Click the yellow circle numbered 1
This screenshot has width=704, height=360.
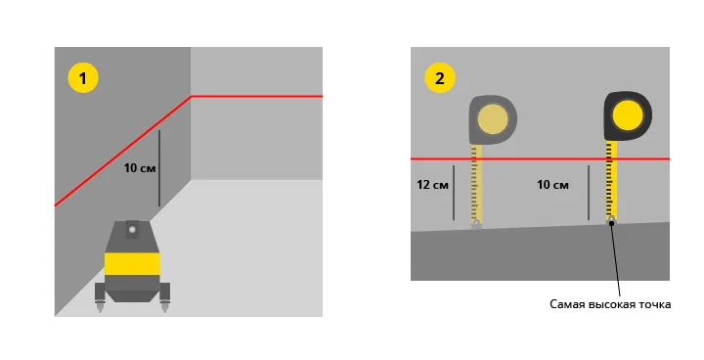coord(83,77)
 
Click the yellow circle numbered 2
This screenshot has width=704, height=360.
coord(440,77)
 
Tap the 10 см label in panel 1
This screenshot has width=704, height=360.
coord(140,168)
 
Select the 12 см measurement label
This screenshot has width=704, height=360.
coord(432,185)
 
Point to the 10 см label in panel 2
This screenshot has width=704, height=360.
coord(552,185)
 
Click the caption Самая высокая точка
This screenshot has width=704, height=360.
coord(610,304)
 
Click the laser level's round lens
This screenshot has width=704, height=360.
coord(132,230)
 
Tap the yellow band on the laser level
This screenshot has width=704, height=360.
coord(132,264)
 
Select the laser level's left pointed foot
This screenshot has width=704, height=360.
coord(100,307)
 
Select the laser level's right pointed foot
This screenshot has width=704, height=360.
coord(165,307)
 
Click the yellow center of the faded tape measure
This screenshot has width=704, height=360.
coord(493,119)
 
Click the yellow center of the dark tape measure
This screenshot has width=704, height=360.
coord(628,115)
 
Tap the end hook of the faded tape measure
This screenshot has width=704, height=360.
coord(476,224)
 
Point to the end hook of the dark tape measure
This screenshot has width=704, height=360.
coord(611,220)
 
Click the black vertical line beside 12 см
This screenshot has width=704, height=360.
coord(454,193)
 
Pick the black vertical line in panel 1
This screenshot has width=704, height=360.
coord(159,168)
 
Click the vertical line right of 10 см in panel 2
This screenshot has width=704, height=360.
coord(589,193)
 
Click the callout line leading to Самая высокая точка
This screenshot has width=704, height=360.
coord(616,258)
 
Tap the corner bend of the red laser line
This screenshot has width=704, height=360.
coord(191,96)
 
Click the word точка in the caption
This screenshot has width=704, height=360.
coord(654,304)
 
